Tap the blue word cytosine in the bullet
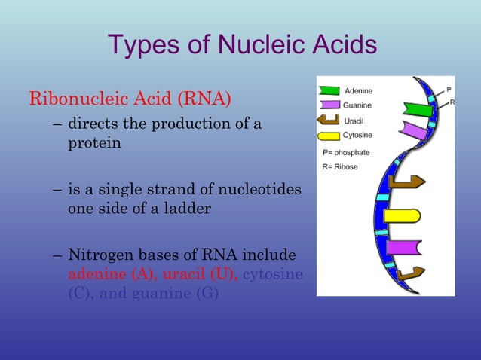pyautogui.click(x=273, y=275)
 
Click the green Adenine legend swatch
pyautogui.click(x=330, y=92)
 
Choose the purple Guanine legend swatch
pyautogui.click(x=330, y=106)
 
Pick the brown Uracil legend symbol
pyautogui.click(x=330, y=121)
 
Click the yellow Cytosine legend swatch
pyautogui.click(x=330, y=136)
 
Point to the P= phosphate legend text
pyautogui.click(x=346, y=152)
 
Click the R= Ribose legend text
pyautogui.click(x=340, y=166)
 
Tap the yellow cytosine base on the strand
pyautogui.click(x=401, y=216)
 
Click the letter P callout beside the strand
pyautogui.click(x=449, y=88)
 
